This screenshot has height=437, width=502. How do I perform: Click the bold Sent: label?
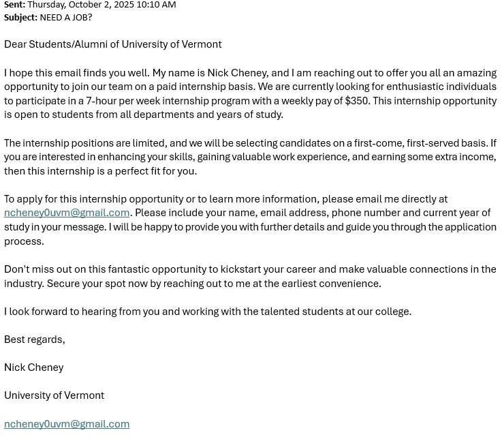14,5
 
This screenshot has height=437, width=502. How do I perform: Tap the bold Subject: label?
20,17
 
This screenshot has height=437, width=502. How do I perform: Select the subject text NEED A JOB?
66,17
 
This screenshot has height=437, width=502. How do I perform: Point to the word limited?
146,143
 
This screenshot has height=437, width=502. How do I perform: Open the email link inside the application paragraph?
67,213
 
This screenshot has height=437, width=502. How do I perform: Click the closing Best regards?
35,340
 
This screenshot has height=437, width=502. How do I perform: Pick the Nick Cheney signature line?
34,367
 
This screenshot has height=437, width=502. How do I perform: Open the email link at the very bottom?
67,424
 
